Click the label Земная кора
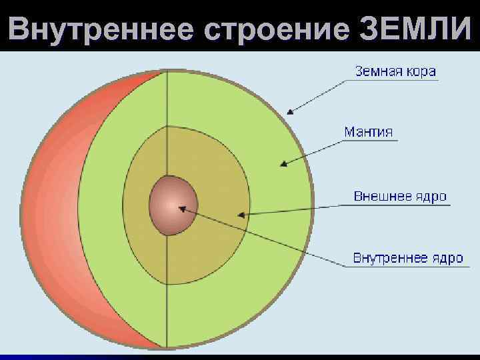(x=395, y=71)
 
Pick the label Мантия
(x=369, y=131)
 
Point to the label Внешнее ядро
(x=399, y=197)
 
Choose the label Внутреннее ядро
(x=407, y=258)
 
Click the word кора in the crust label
(x=422, y=71)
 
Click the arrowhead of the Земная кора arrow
(x=288, y=113)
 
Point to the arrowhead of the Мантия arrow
(x=282, y=164)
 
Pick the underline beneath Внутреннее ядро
(x=407, y=267)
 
